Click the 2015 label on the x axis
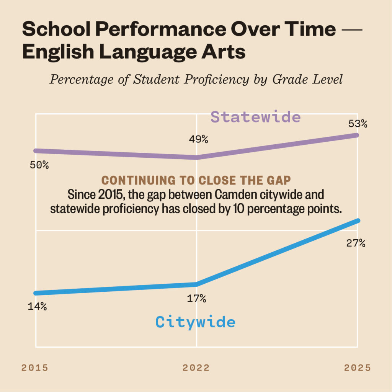tap(35, 368)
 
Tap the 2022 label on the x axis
tap(196, 368)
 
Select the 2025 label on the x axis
tap(357, 368)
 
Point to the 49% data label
tap(198, 139)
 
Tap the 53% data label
tap(358, 124)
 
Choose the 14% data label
tap(37, 307)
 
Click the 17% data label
tap(197, 299)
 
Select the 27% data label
tap(356, 243)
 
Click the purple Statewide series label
tap(256, 117)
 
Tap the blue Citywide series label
tap(195, 322)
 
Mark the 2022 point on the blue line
tap(196, 284)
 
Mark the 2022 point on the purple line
tap(196, 157)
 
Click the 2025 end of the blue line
tap(358, 220)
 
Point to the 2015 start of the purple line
tap(36, 150)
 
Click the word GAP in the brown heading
tap(280, 181)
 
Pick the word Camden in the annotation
tap(233, 194)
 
